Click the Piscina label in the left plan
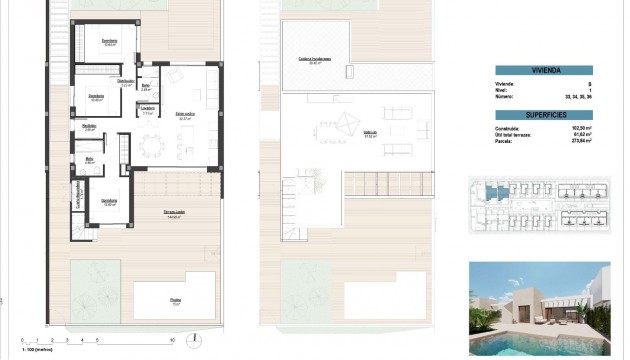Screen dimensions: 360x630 tap(175, 300)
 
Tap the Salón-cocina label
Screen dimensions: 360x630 tap(184, 116)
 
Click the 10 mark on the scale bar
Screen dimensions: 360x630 tap(172, 338)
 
